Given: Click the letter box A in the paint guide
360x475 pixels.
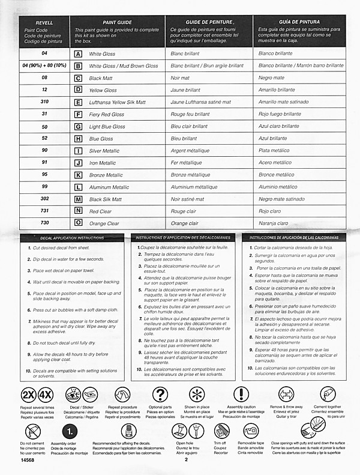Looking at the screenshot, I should (x=78, y=53).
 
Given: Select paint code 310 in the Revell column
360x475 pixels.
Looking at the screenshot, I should (x=44, y=102).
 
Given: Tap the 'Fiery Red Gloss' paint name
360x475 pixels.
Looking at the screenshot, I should (x=107, y=115).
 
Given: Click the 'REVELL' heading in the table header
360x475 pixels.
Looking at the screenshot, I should (x=44, y=22).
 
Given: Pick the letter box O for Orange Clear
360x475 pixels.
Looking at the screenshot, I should (x=78, y=223).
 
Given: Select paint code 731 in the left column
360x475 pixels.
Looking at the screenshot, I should (x=44, y=211).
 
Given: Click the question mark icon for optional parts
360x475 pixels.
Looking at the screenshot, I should (x=160, y=395).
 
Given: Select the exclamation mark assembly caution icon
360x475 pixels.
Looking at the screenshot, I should (x=241, y=395).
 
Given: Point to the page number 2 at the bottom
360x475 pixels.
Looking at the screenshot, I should (x=187, y=460).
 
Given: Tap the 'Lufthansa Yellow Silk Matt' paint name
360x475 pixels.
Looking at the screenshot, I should (x=117, y=102).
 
